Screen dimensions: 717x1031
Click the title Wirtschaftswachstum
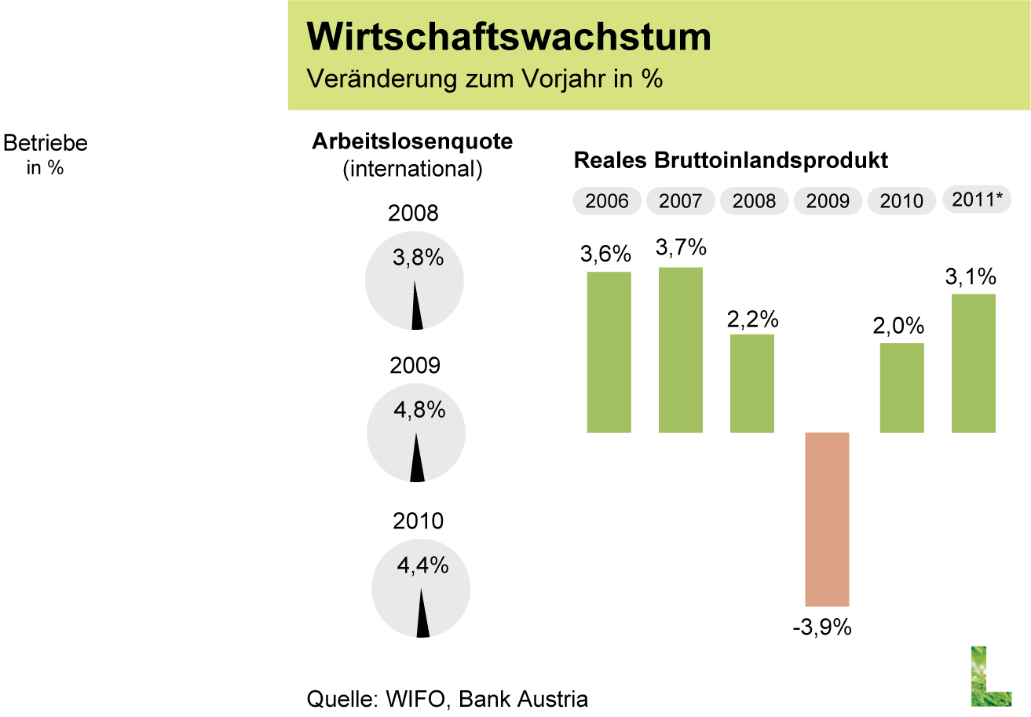(x=508, y=37)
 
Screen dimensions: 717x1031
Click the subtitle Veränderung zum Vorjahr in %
(x=484, y=79)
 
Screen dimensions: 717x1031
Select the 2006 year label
(x=607, y=201)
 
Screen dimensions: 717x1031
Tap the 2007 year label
(x=680, y=201)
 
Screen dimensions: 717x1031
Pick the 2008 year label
(x=754, y=201)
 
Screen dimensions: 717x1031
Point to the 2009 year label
(x=828, y=201)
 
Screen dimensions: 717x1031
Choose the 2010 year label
(x=901, y=201)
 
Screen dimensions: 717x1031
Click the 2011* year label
(x=977, y=199)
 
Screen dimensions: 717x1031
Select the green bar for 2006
(x=609, y=352)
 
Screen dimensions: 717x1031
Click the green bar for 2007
(x=681, y=349)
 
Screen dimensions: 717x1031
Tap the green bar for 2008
(x=752, y=383)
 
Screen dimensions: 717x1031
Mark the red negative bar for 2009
(x=827, y=519)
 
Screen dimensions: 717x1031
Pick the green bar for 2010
(x=901, y=388)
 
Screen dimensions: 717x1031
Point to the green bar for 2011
(x=974, y=363)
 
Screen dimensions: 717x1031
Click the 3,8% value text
(x=418, y=258)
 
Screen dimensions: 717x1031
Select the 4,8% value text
(x=419, y=409)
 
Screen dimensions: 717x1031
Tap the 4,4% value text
(x=422, y=565)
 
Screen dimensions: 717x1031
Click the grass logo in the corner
(x=989, y=675)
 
